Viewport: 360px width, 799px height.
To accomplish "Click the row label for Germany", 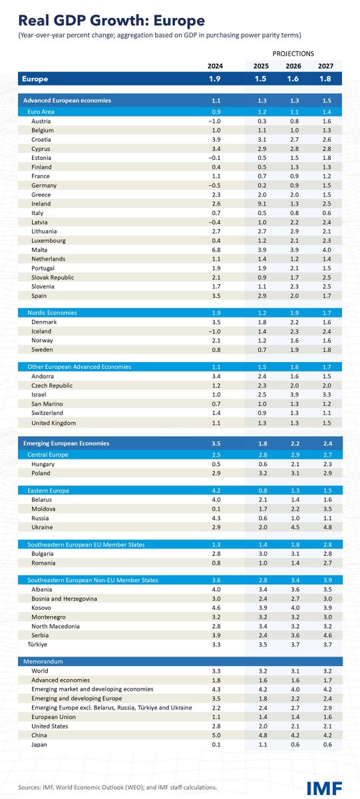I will coord(44,185).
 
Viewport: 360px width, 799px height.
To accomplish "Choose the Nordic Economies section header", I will coord(52,312).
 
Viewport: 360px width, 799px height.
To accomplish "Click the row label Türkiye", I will coord(39,645).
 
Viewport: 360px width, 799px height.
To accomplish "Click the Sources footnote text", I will coord(117,787).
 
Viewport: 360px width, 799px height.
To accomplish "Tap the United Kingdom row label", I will coord(54,423).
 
